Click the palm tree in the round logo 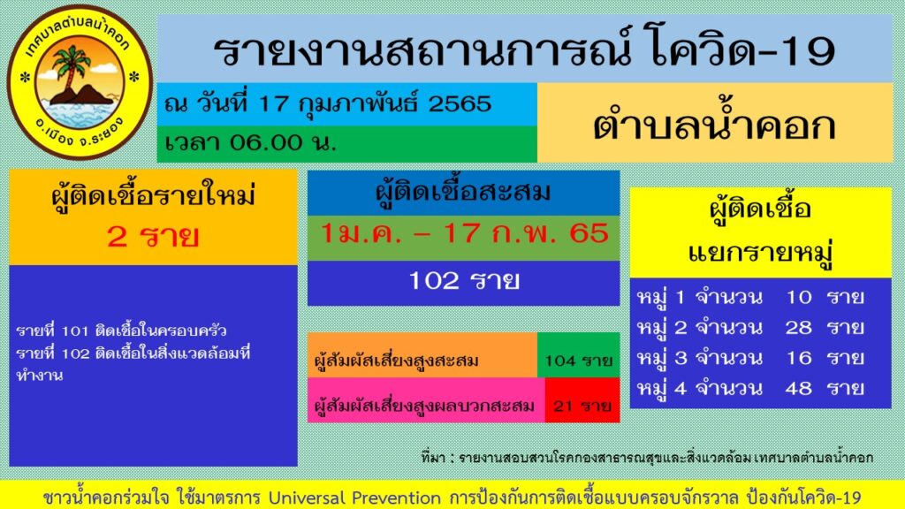[x=70, y=71]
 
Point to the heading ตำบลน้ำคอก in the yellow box [x=714, y=125]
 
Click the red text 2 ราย [x=152, y=237]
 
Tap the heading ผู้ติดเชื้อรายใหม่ [x=153, y=196]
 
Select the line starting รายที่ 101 [x=121, y=331]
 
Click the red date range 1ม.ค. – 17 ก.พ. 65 [x=464, y=234]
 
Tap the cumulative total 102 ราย [x=464, y=281]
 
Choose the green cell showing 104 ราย [x=579, y=360]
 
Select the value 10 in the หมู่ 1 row [x=798, y=297]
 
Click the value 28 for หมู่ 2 [x=798, y=328]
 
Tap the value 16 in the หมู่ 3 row [x=798, y=358]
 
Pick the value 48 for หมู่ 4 [x=798, y=388]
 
